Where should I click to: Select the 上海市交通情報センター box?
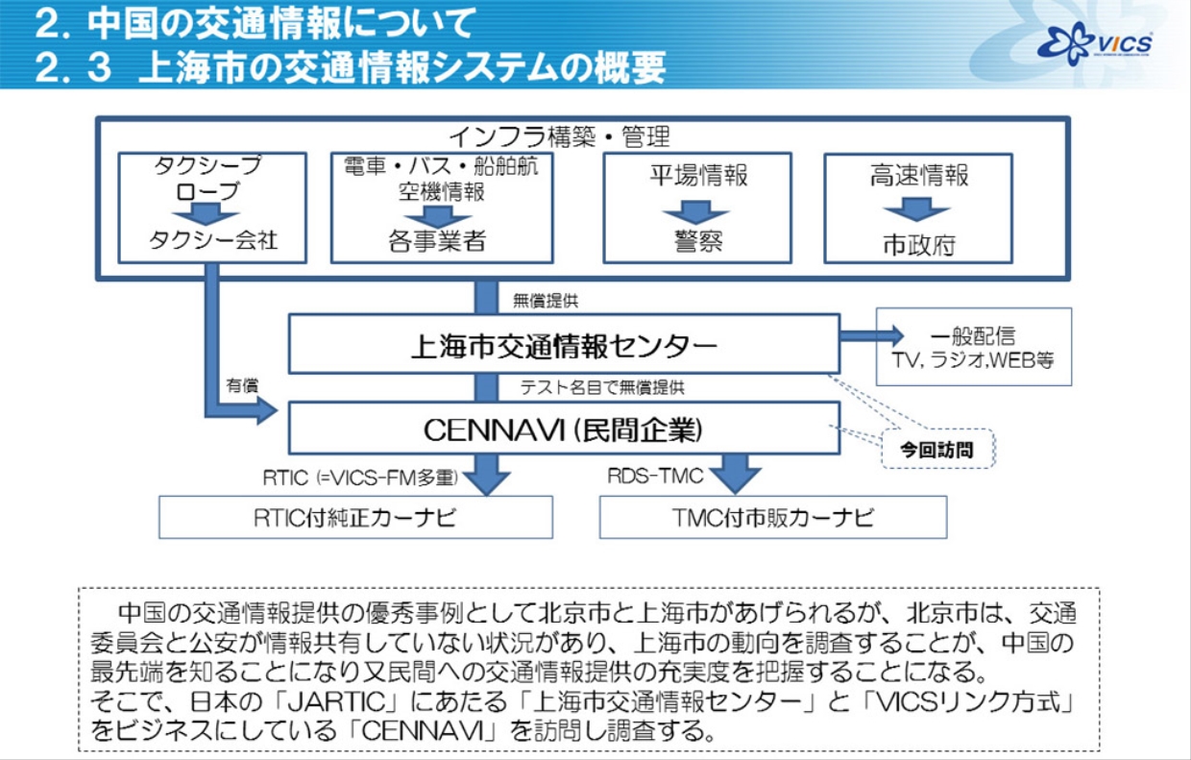564,344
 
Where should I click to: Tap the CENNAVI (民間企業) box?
564,429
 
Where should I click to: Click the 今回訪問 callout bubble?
936,448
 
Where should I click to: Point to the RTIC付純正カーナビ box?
355,518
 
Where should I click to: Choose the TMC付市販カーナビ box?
772,518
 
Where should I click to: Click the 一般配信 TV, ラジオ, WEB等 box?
973,347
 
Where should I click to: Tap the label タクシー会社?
212,240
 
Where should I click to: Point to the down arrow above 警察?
696,210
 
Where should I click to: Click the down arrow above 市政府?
917,209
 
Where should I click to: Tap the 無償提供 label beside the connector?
546,301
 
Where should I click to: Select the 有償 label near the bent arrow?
241,384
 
